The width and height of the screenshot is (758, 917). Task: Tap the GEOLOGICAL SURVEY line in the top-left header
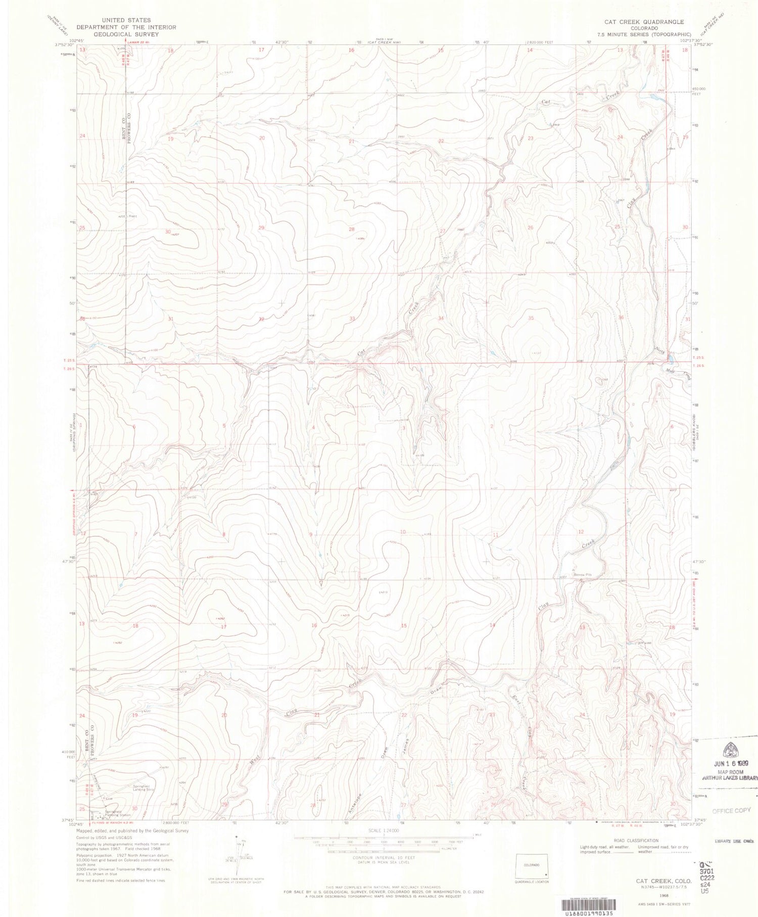[x=126, y=34]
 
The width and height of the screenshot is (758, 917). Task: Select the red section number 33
[x=352, y=319]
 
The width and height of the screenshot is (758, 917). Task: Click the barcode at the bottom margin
[x=591, y=905]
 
